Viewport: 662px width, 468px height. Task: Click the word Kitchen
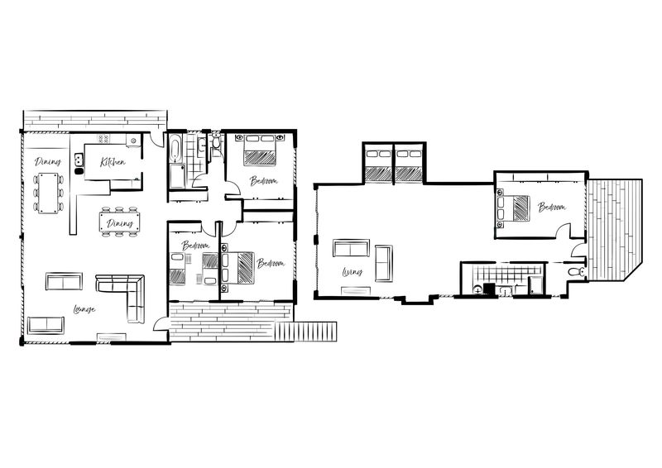point(113,162)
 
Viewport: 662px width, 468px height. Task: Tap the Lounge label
point(84,310)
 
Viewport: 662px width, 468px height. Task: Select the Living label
point(353,272)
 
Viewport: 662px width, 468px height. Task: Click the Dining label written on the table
point(119,223)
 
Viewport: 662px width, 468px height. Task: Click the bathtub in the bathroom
point(175,148)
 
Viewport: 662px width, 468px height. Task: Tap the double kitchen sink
point(79,160)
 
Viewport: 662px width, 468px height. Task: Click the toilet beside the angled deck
point(576,271)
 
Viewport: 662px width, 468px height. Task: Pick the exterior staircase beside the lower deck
point(305,332)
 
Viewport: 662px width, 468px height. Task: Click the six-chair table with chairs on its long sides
point(48,193)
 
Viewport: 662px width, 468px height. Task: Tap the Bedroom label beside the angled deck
point(551,208)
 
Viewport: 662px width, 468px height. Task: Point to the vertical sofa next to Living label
point(384,263)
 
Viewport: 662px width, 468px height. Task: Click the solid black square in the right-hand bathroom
point(488,289)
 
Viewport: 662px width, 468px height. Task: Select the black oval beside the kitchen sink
point(79,171)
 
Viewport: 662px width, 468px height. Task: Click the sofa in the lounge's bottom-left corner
point(46,325)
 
